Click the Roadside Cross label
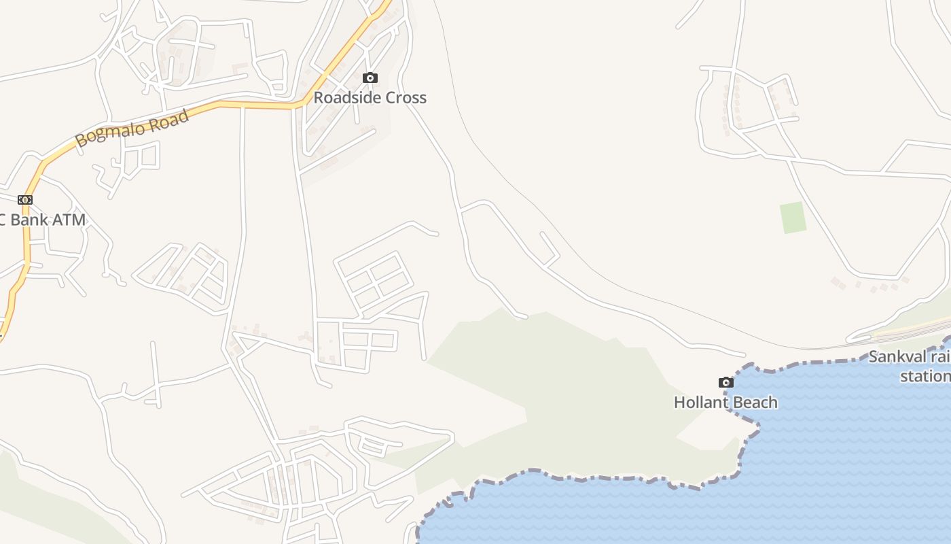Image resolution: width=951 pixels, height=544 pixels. [x=370, y=97]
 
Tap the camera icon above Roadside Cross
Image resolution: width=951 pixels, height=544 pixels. [x=370, y=78]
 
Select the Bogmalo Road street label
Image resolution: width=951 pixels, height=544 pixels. [x=132, y=128]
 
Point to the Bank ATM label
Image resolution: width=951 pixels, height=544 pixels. [x=42, y=220]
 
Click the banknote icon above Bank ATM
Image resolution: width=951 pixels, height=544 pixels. [x=25, y=199]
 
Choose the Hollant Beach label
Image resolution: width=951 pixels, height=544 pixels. [x=725, y=402]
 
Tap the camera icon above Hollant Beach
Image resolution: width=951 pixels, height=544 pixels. [x=725, y=382]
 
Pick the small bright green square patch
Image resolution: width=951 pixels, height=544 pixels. [x=793, y=218]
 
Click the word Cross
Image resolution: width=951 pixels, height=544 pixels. [x=406, y=97]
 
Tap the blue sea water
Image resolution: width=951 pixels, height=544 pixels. [x=849, y=462]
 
